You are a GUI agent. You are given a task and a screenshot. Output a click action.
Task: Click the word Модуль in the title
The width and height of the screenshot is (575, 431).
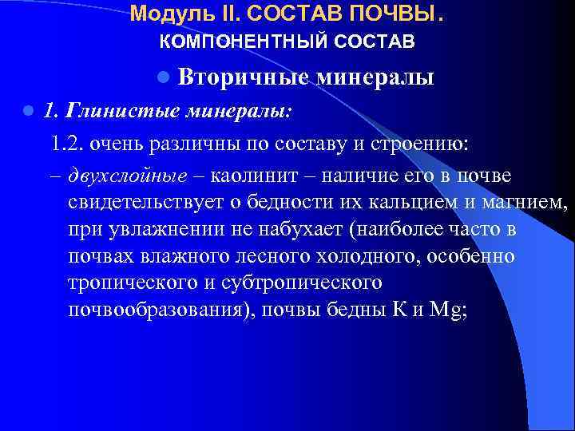(x=160, y=14)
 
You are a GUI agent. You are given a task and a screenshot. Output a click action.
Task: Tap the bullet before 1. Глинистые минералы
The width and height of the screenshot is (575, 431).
(x=26, y=110)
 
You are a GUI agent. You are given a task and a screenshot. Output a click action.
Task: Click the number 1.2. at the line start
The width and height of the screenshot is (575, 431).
(x=67, y=144)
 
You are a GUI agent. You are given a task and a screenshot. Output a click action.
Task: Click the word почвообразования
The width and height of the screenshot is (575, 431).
(x=157, y=311)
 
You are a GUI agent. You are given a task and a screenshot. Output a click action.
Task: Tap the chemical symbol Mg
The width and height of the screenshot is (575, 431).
(x=451, y=311)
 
